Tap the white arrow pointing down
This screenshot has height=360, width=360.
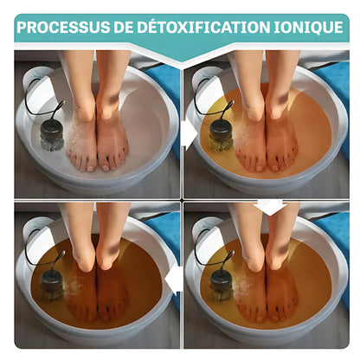(270, 207)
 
